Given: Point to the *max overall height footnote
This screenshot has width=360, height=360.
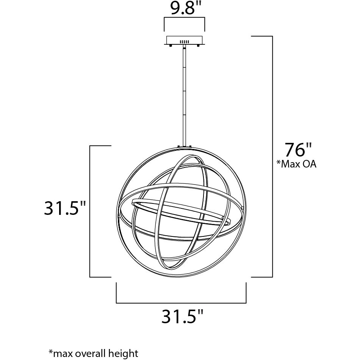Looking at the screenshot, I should pyautogui.click(x=93, y=354).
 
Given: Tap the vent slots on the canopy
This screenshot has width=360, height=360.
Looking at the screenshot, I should pyautogui.click(x=185, y=41).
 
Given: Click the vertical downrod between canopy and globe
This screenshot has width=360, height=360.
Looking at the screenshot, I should pyautogui.click(x=185, y=95).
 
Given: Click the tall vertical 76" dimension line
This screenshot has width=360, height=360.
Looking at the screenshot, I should pyautogui.click(x=272, y=155).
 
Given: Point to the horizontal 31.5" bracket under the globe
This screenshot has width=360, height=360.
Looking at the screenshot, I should pyautogui.click(x=181, y=302).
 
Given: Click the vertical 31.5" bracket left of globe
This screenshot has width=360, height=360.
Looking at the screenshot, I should pyautogui.click(x=90, y=211).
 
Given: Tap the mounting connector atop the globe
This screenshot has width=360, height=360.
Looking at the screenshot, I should pyautogui.click(x=185, y=147).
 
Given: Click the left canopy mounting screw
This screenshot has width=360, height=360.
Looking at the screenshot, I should pyautogui.click(x=171, y=46).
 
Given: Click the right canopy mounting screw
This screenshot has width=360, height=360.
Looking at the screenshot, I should pyautogui.click(x=198, y=46).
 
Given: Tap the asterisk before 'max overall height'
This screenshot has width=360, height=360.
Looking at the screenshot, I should pyautogui.click(x=50, y=352).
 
